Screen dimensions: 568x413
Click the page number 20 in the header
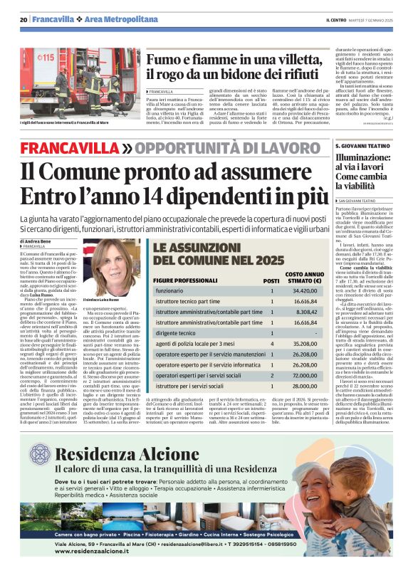[x=23, y=19]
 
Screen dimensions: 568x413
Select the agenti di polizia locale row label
[x=194, y=343]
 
